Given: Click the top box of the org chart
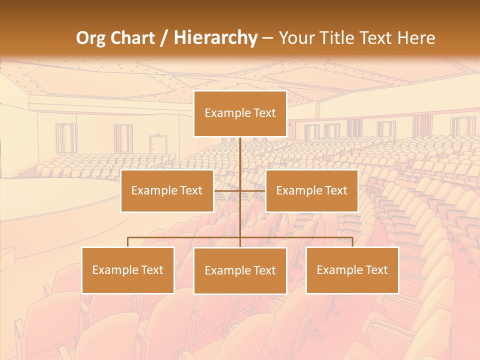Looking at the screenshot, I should coord(240,113).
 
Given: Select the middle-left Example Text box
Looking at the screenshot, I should coord(167,190).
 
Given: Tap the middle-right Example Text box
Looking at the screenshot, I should coord(311,190).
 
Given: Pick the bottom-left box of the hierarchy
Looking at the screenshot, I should coord(128,270).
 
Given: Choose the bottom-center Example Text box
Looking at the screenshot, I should coord(240,270).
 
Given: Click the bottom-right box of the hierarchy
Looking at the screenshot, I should coord(352,270).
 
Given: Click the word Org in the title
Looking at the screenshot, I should coord(90,38).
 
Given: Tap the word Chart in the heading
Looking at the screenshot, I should coord(132,38).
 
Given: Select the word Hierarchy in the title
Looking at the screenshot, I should coord(215,38).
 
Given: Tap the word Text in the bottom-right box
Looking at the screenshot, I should coord(376,270).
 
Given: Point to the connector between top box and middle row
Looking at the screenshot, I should coord(240,160).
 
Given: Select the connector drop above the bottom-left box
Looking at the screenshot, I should coord(128,242).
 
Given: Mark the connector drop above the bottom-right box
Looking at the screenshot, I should coord(352,242).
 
